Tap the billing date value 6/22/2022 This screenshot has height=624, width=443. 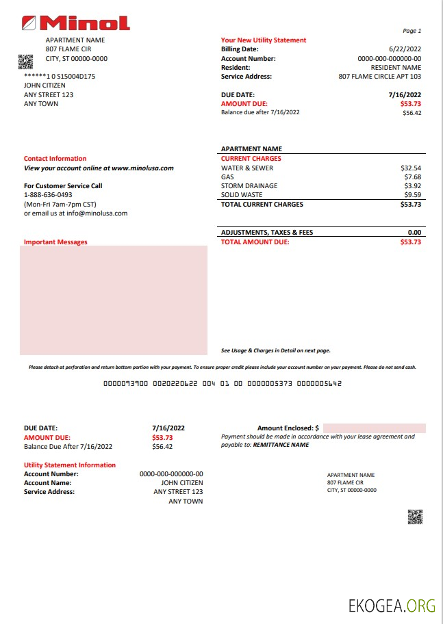(405, 49)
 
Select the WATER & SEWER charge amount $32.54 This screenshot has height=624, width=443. (411, 168)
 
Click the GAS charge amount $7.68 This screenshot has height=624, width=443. (412, 177)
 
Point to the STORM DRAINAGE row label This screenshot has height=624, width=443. (249, 185)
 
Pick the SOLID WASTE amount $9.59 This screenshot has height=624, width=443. (412, 195)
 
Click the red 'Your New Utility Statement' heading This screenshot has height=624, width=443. (264, 40)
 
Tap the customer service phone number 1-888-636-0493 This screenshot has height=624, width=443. (48, 195)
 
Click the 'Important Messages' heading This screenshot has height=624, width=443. (55, 242)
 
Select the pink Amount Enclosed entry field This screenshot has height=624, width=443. (374, 428)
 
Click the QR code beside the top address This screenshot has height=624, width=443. (25, 62)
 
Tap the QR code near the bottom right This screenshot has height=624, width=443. (415, 517)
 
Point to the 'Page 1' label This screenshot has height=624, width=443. (412, 31)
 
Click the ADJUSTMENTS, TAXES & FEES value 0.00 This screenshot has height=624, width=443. (414, 233)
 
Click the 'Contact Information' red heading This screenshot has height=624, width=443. (55, 159)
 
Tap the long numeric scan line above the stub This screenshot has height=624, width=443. (222, 385)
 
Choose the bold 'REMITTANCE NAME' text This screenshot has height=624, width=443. (281, 445)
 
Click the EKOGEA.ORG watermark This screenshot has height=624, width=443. (392, 606)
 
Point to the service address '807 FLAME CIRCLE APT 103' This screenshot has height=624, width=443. (380, 77)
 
